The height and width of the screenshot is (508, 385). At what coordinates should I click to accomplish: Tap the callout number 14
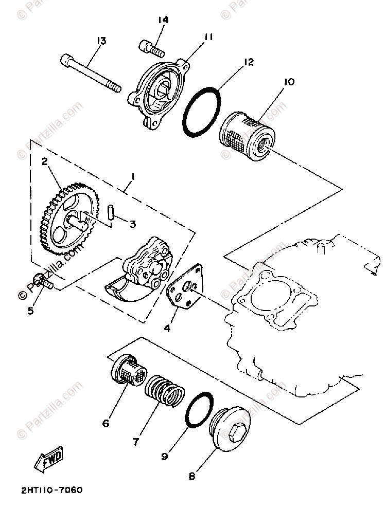pos(163,20)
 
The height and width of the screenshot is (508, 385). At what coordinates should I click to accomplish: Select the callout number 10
pos(288,81)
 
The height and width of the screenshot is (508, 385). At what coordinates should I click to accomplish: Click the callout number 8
pos(192,476)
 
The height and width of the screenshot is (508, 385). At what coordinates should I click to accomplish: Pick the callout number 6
pos(106,423)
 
